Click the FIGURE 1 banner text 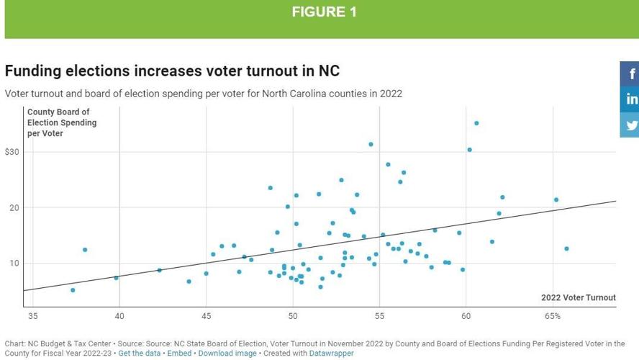pos(324,12)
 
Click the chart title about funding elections pos(172,71)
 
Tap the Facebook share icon pos(631,73)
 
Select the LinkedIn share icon pos(631,99)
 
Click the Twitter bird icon pos(631,125)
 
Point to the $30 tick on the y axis pos(12,152)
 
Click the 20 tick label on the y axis pos(14,207)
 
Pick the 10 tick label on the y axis pos(14,263)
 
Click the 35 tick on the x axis pos(32,316)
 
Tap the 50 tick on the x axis pos(293,316)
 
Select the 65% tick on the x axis pos(553,316)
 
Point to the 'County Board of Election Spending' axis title pos(61,122)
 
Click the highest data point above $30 pos(476,123)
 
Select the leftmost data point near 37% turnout pos(73,290)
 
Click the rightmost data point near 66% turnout pos(566,249)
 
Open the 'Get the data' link pos(140,354)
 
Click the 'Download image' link pos(227,354)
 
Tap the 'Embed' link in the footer pos(179,354)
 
